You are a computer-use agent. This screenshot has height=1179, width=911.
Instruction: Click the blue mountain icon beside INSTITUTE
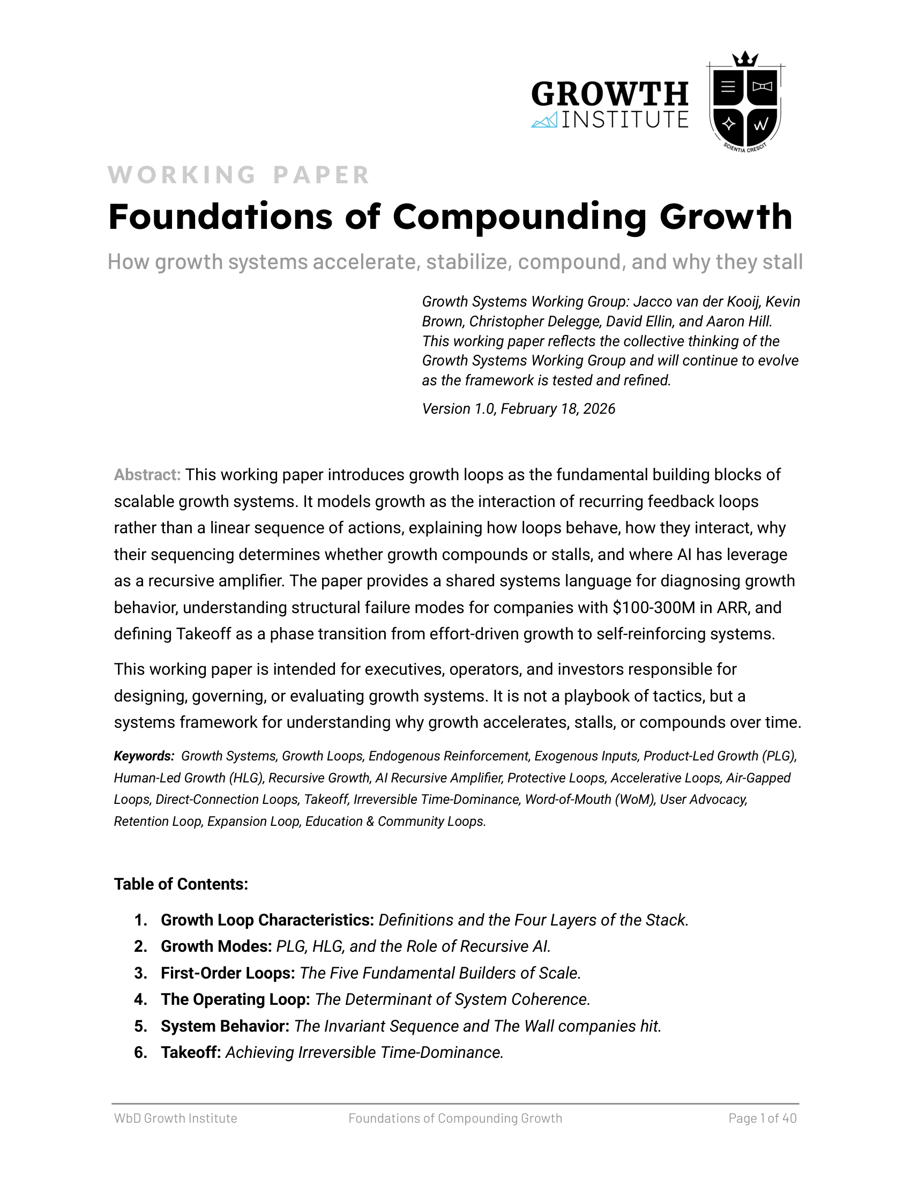click(544, 121)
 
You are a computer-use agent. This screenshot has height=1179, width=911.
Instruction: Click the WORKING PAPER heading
click(238, 175)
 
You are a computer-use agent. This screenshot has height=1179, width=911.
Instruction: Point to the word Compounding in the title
click(519, 217)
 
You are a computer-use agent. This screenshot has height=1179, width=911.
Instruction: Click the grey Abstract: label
click(147, 475)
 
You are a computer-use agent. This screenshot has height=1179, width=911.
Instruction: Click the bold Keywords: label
click(144, 756)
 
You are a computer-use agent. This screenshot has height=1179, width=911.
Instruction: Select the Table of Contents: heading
click(181, 884)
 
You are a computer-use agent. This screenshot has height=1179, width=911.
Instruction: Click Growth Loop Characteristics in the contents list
click(267, 920)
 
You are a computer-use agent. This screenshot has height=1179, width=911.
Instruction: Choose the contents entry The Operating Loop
click(235, 999)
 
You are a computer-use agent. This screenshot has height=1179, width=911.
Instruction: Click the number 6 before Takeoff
click(140, 1052)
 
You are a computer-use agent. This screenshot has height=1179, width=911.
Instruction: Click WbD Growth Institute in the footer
click(175, 1118)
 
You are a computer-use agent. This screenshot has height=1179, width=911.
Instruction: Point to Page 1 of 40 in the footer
click(762, 1118)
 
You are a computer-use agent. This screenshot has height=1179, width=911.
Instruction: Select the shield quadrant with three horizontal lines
click(728, 86)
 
